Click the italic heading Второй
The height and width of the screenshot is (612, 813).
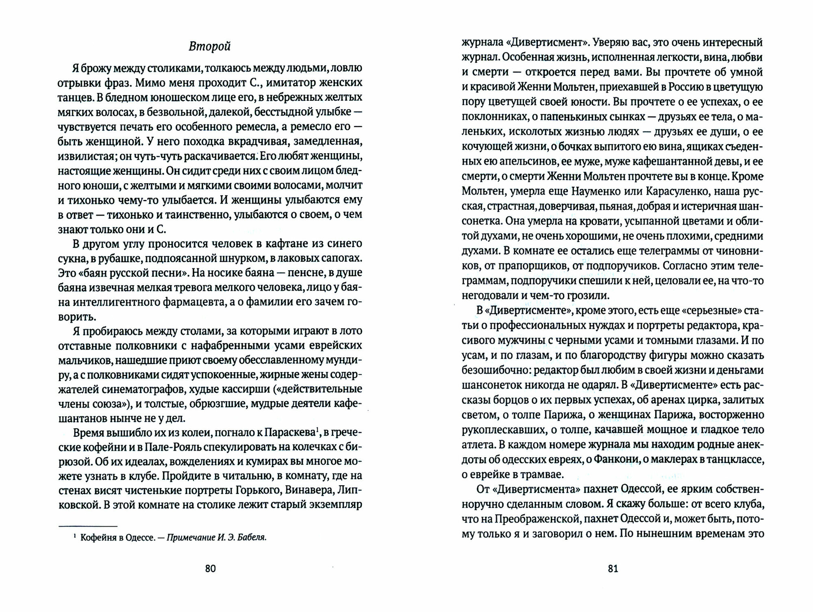pyautogui.click(x=210, y=47)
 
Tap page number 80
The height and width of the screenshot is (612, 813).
pyautogui.click(x=210, y=569)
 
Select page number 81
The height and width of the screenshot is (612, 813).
pyautogui.click(x=613, y=569)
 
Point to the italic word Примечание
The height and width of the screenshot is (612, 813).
pyautogui.click(x=190, y=538)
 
